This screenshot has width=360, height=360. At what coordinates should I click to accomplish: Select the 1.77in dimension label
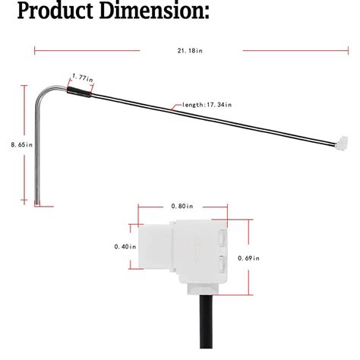(82, 77)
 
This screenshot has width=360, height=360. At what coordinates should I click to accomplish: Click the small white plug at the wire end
(342, 142)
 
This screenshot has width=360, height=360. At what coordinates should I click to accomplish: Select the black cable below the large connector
(204, 318)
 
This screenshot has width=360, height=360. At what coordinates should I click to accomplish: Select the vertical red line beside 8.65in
(33, 144)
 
